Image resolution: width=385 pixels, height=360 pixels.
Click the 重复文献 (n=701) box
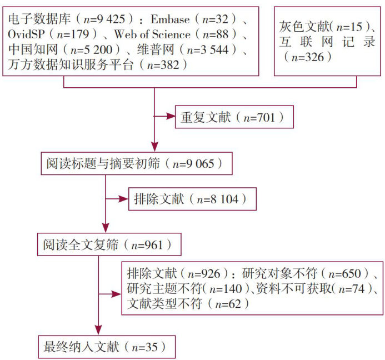(233, 117)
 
